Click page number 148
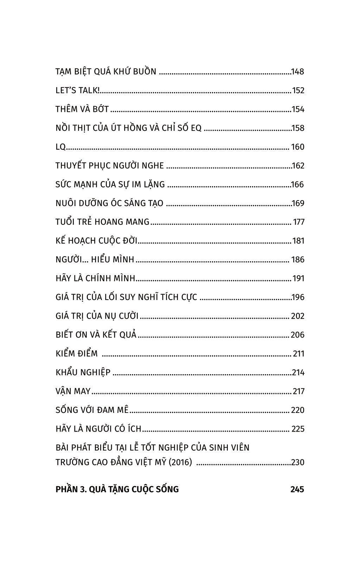tap(297, 72)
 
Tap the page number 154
tap(298, 109)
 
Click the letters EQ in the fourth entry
tap(196, 128)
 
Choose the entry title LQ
tap(60, 147)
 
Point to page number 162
tap(298, 166)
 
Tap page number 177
tap(298, 222)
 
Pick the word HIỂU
tap(100, 260)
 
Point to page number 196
tap(298, 297)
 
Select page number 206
tap(297, 335)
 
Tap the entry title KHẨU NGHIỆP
tap(83, 372)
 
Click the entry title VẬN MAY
tap(73, 391)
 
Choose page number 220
tap(297, 410)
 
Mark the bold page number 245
tap(297, 489)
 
